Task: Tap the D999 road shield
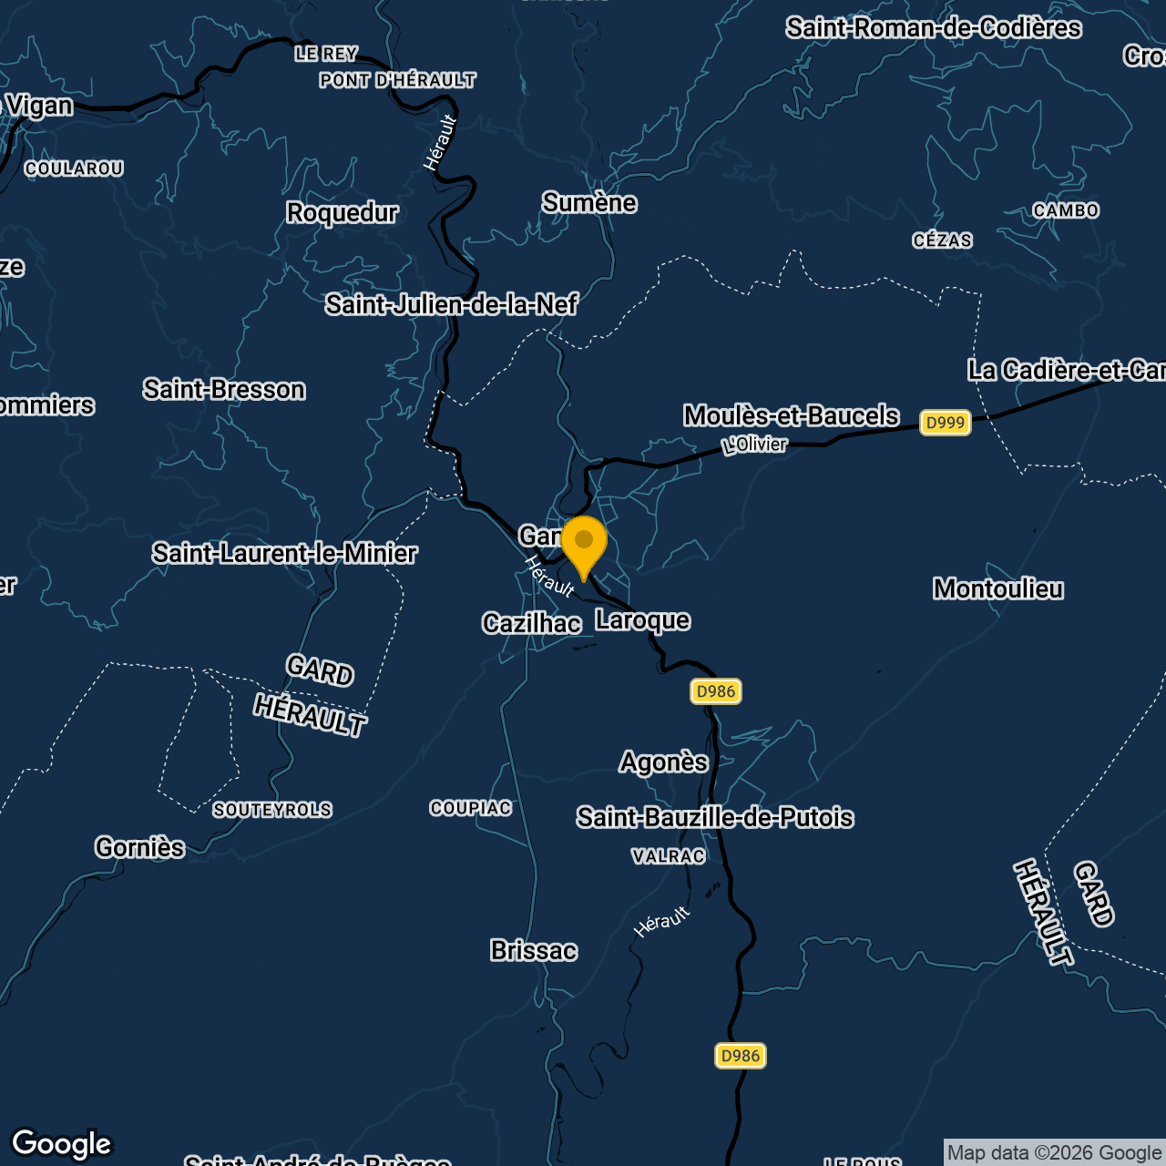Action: click(x=945, y=423)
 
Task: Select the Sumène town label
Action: click(x=589, y=202)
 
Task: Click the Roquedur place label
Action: click(x=343, y=212)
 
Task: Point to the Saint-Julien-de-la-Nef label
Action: click(x=451, y=304)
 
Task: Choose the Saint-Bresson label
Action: click(x=224, y=390)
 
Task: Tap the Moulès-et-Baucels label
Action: click(x=792, y=415)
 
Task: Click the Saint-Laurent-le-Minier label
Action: click(x=284, y=553)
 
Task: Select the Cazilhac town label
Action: click(x=532, y=623)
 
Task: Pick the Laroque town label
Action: click(x=643, y=620)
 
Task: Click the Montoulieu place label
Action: click(x=998, y=589)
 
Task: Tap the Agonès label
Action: click(x=664, y=762)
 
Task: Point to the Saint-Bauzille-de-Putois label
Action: click(x=715, y=818)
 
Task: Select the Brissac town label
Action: click(x=534, y=951)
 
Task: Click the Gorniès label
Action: click(x=140, y=848)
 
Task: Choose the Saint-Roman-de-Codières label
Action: click(x=934, y=28)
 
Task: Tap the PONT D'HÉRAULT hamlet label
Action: click(x=397, y=81)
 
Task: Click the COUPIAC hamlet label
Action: click(x=471, y=809)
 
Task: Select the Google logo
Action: click(x=61, y=1143)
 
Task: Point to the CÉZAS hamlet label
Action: click(x=943, y=241)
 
